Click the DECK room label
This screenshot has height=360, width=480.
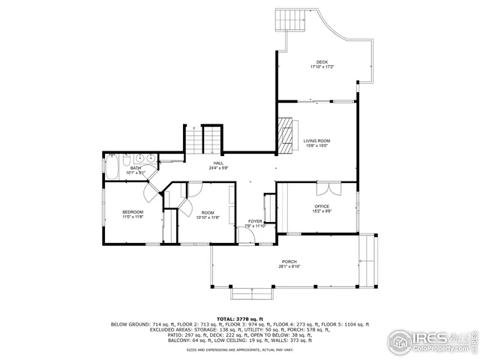(322, 62)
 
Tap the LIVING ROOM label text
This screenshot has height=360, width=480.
(316, 141)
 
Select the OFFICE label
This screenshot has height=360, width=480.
(322, 206)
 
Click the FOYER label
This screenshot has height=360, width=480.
(256, 221)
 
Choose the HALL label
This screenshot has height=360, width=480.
(218, 163)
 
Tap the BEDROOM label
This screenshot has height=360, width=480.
(133, 212)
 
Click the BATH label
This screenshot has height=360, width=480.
(136, 168)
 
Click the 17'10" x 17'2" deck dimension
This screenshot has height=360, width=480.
(322, 67)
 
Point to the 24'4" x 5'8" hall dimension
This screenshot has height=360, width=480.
(218, 168)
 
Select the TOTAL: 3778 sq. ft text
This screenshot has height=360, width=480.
(239, 318)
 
